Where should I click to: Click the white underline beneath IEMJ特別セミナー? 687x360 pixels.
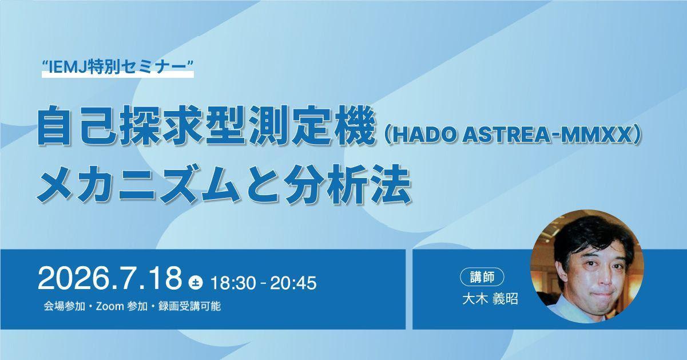pos(118,74)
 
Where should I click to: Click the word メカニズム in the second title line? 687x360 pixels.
pos(138,184)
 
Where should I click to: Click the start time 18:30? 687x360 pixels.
pos(233,283)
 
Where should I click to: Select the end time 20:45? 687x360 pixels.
pos(293,283)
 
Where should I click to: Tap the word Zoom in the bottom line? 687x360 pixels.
pos(110,306)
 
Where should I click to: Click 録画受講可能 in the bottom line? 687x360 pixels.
pos(189,306)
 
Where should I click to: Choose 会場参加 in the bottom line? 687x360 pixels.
pos(65,306)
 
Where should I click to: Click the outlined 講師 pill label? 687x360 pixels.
pos(482,277)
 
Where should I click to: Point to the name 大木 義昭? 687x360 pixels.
pos(490,299)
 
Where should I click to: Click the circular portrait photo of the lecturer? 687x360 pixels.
pos(587,266)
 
